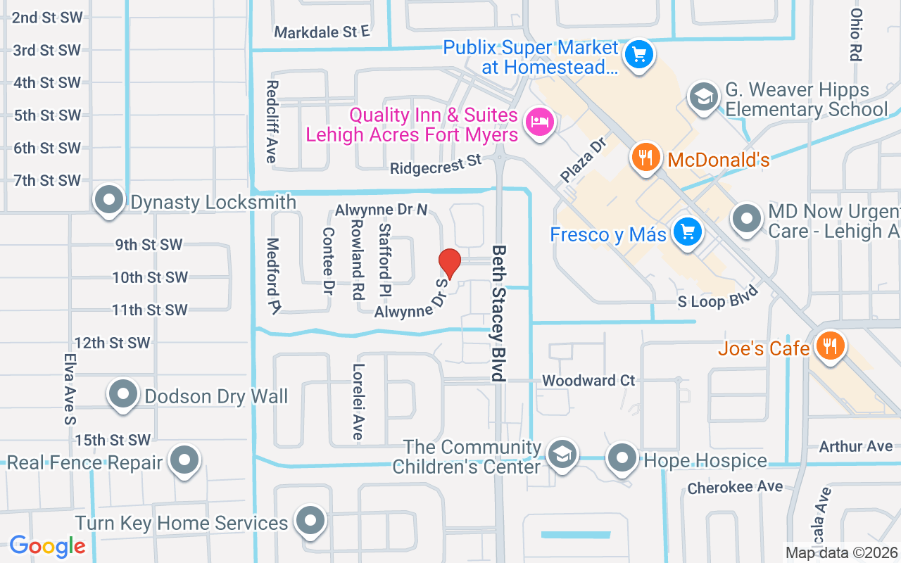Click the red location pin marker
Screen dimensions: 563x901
[449, 262]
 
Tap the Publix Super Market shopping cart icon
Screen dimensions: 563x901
[639, 53]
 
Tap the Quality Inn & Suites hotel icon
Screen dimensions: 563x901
[540, 122]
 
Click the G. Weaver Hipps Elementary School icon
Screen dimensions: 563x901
[703, 96]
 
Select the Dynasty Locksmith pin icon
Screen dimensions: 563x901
[109, 201]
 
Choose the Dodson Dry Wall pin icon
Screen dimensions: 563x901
[123, 394]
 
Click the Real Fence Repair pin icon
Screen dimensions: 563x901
[184, 460]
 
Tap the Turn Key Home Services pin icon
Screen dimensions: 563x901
[310, 521]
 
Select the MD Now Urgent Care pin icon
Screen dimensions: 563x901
[747, 219]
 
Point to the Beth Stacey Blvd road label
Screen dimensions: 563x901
[499, 313]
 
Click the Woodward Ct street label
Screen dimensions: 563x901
[588, 381]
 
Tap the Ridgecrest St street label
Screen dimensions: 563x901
[435, 165]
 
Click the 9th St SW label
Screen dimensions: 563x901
[149, 245]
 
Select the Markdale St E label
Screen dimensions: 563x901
[322, 32]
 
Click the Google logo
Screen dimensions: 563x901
[47, 545]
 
